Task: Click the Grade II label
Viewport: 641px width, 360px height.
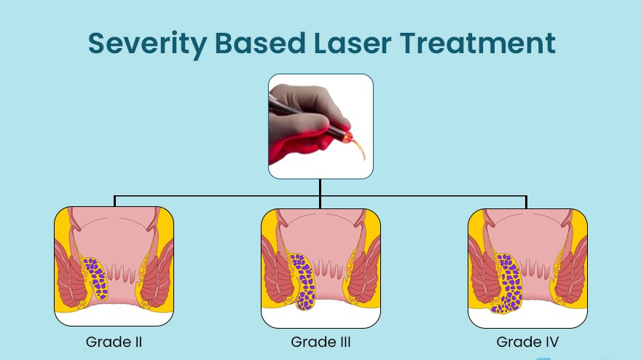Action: pos(114,342)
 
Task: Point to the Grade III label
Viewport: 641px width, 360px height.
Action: pos(320,342)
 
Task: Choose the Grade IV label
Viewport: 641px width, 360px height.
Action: pos(527,342)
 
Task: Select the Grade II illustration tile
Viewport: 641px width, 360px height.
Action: pos(114,267)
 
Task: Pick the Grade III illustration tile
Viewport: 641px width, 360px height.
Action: pos(320,267)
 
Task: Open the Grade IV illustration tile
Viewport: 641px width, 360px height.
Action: pos(527,267)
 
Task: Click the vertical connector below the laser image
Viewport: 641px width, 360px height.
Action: pos(320,187)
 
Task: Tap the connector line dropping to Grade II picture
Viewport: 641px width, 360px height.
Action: pos(114,202)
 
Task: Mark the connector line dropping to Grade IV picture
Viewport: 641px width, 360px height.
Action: pos(527,202)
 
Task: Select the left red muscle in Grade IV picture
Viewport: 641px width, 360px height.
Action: pos(483,273)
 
